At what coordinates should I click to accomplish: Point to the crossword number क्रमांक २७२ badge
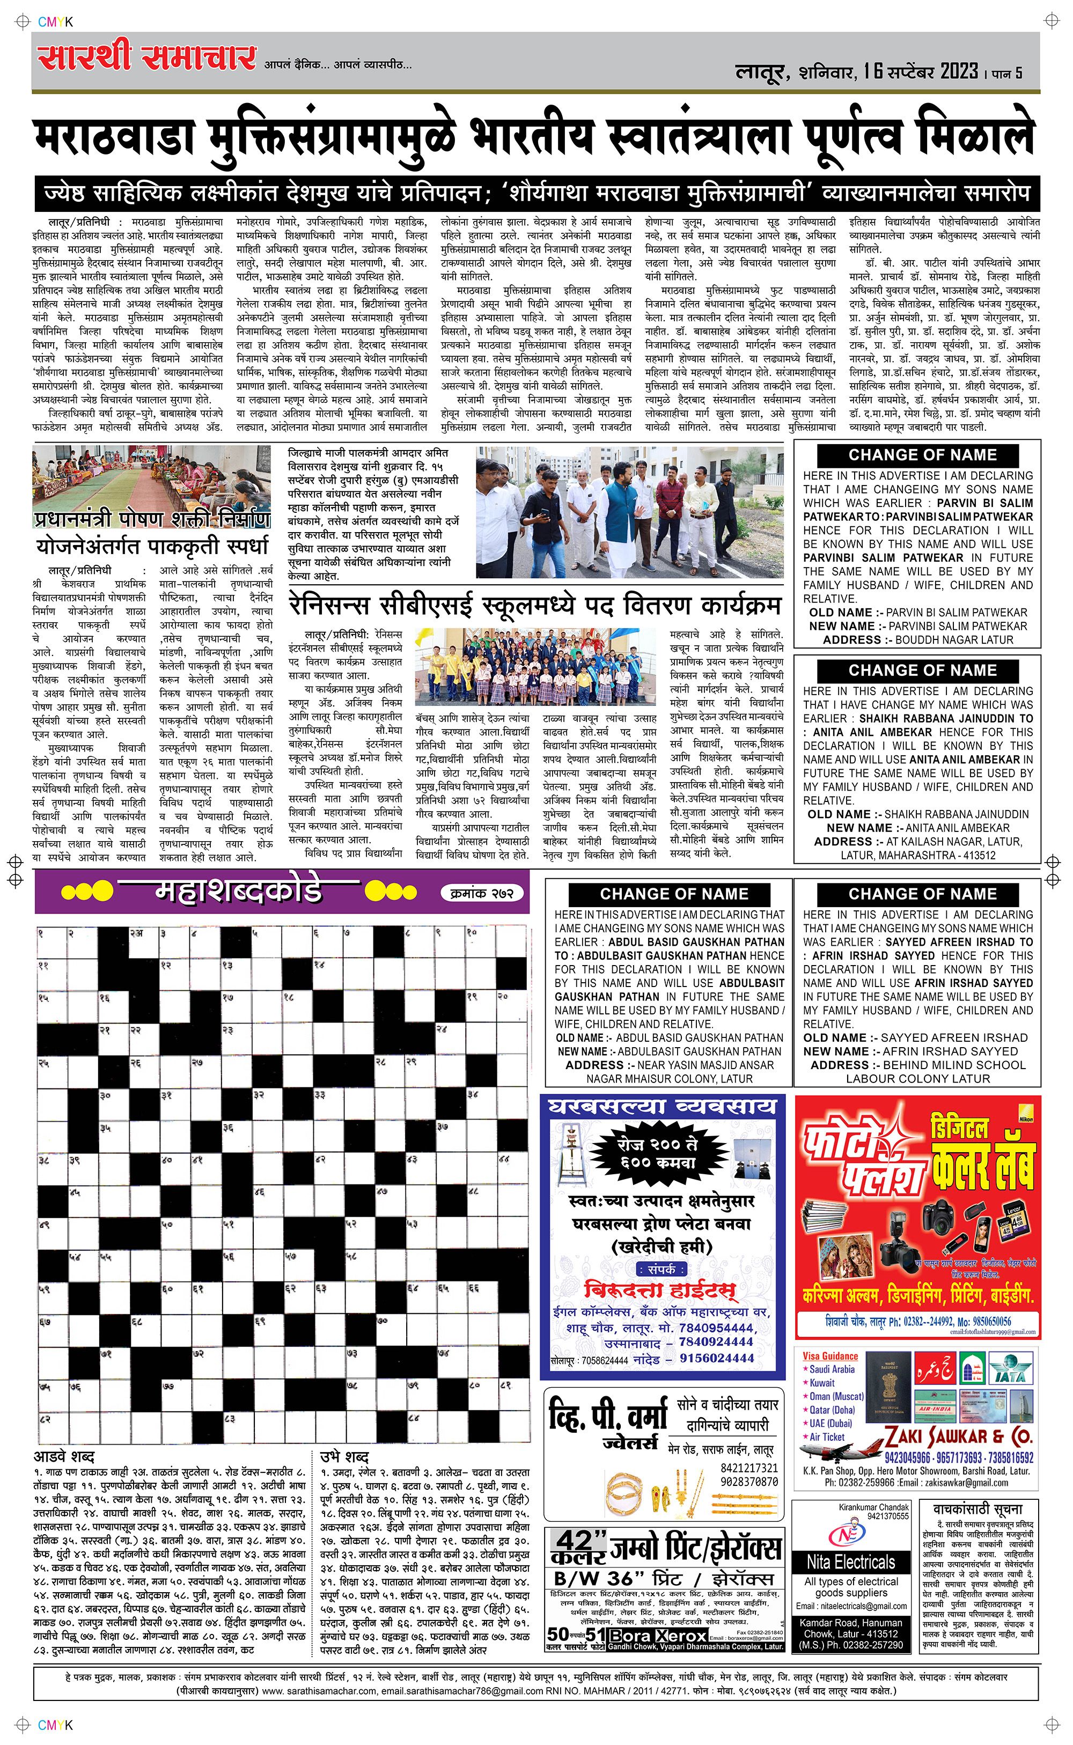pos(486,894)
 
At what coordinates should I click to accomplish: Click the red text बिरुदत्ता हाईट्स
pos(659,1290)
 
